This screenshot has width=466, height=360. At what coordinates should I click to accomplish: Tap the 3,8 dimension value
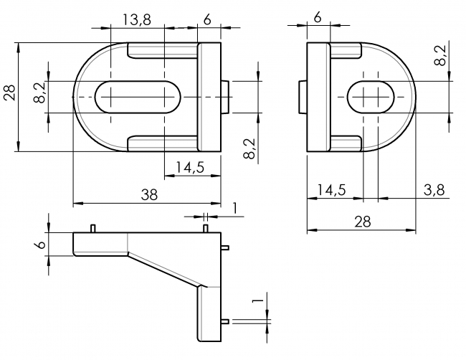click(434, 190)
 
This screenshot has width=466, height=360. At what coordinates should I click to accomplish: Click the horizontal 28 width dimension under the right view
click(361, 222)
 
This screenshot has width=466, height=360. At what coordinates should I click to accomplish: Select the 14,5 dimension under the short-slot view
click(331, 190)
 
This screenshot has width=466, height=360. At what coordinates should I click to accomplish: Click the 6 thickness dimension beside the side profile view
click(41, 245)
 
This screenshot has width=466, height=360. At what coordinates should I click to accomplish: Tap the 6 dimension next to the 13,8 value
click(207, 20)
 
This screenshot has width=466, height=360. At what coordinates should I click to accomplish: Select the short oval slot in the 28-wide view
click(374, 96)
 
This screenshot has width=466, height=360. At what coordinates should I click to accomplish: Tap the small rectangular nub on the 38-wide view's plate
click(226, 97)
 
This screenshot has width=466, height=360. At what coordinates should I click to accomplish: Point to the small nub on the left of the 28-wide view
click(303, 97)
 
